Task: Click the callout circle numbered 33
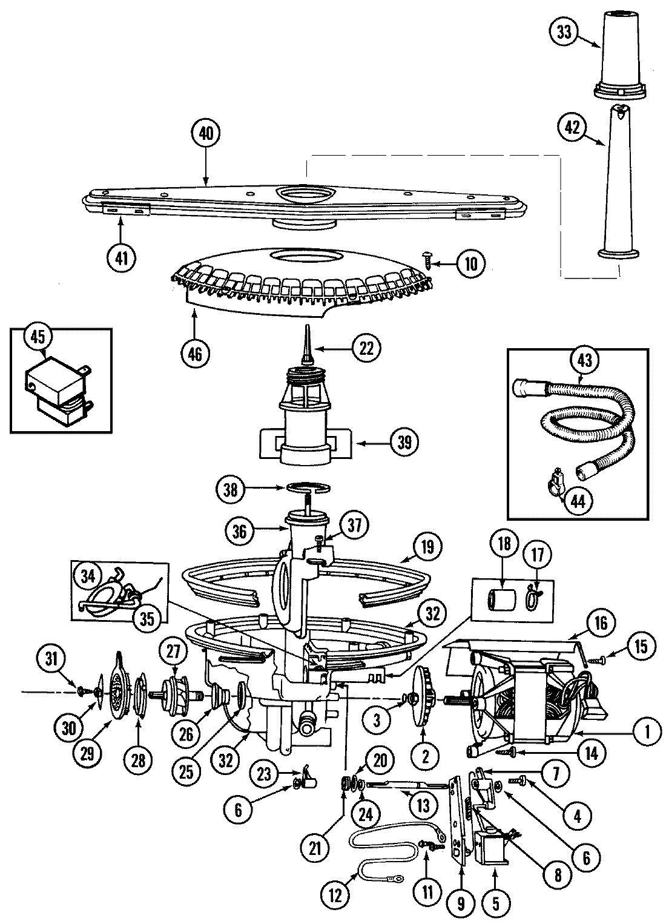564,33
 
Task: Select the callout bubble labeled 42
573,127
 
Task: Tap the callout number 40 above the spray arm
206,134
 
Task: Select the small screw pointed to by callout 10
430,260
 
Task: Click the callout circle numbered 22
369,348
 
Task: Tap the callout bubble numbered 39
404,443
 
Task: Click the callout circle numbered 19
427,547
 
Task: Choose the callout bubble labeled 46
194,352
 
